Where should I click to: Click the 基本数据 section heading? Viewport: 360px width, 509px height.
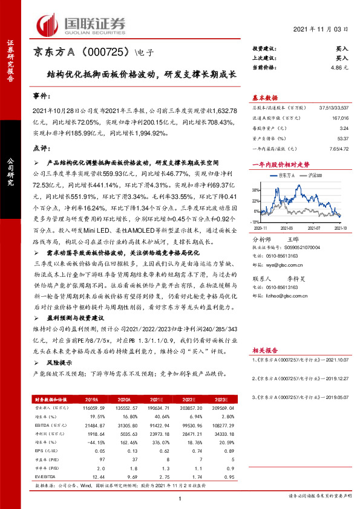point(264,97)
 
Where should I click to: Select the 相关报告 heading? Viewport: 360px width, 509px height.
point(264,350)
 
